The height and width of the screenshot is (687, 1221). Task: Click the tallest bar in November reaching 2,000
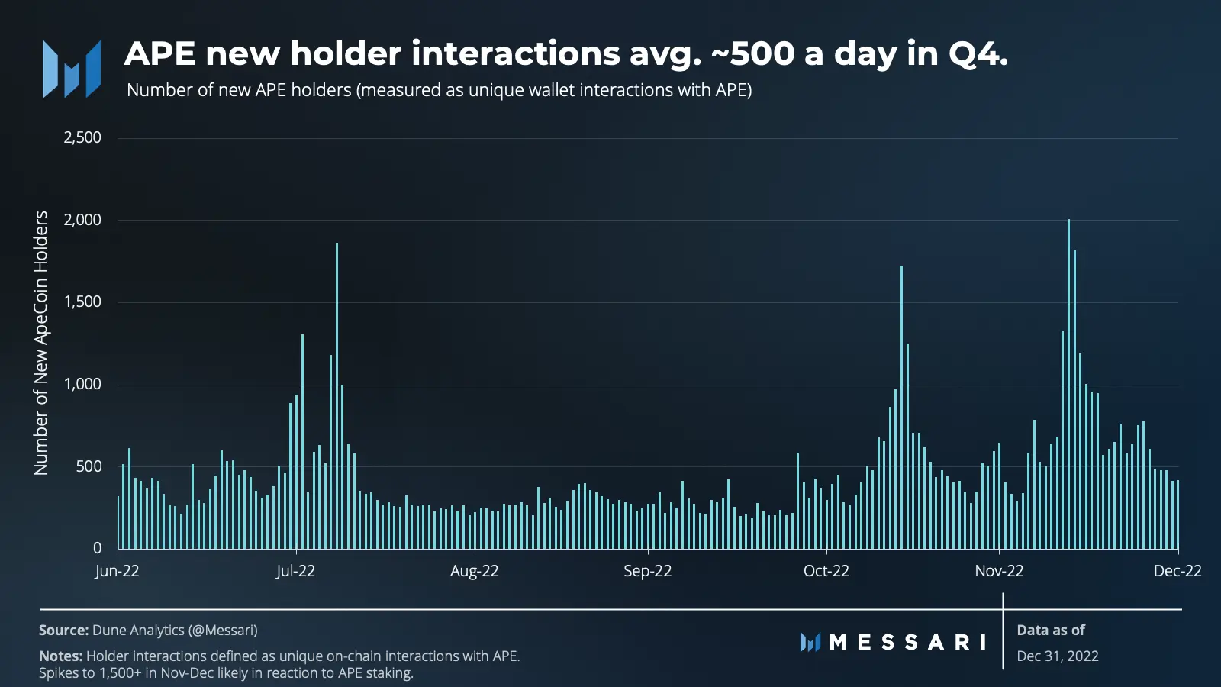(1068, 382)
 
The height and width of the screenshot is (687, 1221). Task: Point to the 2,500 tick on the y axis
(82, 138)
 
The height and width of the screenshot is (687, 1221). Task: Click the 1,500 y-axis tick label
(82, 302)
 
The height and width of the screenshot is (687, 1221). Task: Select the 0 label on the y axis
(97, 548)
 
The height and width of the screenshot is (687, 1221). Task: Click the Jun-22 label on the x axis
(117, 571)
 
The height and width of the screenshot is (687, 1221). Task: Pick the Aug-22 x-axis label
(474, 571)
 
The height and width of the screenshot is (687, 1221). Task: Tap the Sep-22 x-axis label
(647, 571)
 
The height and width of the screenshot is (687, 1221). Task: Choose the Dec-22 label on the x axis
(1178, 571)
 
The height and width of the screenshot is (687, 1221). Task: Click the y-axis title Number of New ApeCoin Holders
(41, 343)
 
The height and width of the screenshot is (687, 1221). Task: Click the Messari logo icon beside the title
(72, 69)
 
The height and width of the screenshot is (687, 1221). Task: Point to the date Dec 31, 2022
(1058, 656)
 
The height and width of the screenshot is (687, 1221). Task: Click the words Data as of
(1051, 631)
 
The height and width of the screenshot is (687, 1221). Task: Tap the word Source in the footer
(63, 631)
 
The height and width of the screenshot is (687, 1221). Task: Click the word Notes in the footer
(60, 656)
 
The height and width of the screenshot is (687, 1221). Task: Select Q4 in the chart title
(978, 54)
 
